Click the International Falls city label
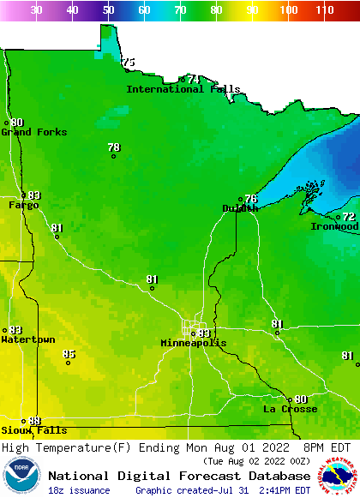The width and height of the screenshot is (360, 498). coord(183,89)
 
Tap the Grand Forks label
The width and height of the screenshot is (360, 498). coord(33,132)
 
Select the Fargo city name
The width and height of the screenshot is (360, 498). coord(24,206)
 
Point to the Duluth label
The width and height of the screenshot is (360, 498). coord(240,208)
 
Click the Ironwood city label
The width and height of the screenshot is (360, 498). coord(334,226)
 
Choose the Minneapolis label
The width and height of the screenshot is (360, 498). coord(194,343)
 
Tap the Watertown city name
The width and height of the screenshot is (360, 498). coord(28,340)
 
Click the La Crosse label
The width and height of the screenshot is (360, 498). coord(290,410)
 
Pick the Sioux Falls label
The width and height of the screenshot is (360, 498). coord(33,430)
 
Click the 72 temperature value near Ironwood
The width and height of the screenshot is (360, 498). coord(349,217)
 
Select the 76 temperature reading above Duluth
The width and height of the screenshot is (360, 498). coord(250,199)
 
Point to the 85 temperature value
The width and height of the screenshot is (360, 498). coord(69,354)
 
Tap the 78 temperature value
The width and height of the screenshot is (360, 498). coord(114,147)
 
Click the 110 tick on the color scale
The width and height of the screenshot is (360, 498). coord(323,10)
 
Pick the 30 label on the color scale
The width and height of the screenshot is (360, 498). coord(36,10)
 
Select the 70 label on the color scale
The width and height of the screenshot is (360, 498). coord(180,10)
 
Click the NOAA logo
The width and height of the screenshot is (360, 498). coord(21,476)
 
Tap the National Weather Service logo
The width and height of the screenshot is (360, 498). coord(338,476)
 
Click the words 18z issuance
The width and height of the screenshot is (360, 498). coord(79,490)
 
